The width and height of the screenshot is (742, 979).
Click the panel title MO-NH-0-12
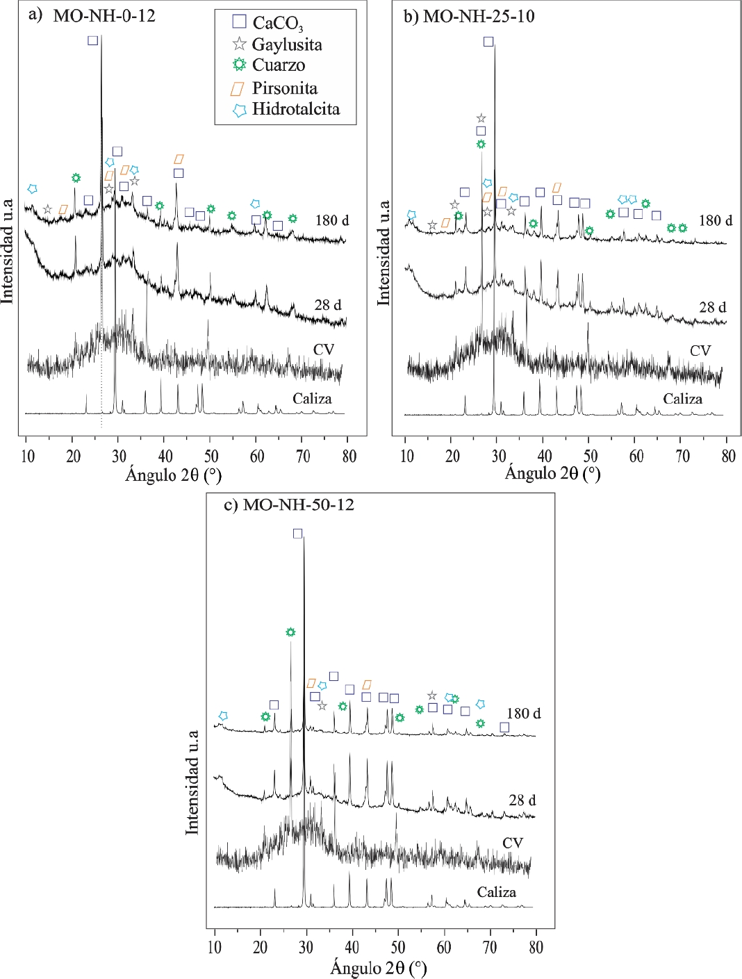pos(104,16)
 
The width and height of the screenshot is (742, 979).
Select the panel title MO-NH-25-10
pos(479,16)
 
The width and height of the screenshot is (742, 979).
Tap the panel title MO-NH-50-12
pos(298,505)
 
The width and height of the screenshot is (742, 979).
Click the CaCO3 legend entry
pos(277,23)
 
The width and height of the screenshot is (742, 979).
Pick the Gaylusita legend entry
pos(286,45)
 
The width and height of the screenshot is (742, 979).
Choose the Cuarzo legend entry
pos(278,65)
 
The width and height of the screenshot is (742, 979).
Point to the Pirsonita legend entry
pos(284,88)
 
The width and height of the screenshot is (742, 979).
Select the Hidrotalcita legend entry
pos(295,110)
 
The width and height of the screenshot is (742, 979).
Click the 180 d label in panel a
pos(332,220)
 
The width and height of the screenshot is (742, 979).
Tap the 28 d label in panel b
pos(712,307)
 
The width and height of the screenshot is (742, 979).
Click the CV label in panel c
pos(513,843)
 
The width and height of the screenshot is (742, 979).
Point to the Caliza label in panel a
pos(312,399)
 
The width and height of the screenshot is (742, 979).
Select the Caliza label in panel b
pos(682,399)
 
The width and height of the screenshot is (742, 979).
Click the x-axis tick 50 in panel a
pos(211,456)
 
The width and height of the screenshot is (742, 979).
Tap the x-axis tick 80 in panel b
pos(728,456)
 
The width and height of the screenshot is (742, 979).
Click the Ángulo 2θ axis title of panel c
pos(379,968)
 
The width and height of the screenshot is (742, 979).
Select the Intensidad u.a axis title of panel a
pos(8,251)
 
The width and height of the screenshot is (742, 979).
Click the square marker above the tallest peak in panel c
pos(298,534)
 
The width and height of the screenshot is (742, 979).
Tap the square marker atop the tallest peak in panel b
pos(488,42)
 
